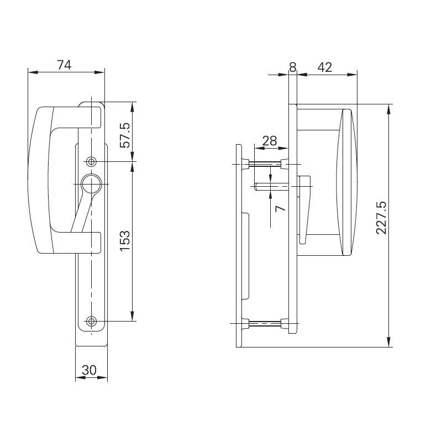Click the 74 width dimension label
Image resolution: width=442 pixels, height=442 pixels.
(x=65, y=65)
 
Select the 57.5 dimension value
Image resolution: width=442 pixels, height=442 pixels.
(x=125, y=134)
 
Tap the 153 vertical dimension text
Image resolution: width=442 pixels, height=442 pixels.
(x=125, y=241)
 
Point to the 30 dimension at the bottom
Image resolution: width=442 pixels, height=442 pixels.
(x=90, y=370)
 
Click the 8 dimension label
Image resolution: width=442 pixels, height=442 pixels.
(x=293, y=67)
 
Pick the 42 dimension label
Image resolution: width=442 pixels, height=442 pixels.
(x=325, y=67)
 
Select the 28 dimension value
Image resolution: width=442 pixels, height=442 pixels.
(x=270, y=141)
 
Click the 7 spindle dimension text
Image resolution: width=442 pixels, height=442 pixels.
(x=280, y=208)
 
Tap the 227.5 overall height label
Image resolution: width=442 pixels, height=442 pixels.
(x=381, y=218)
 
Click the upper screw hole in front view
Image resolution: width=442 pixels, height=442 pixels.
(x=91, y=161)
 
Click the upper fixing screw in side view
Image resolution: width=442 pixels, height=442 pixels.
(x=267, y=164)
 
